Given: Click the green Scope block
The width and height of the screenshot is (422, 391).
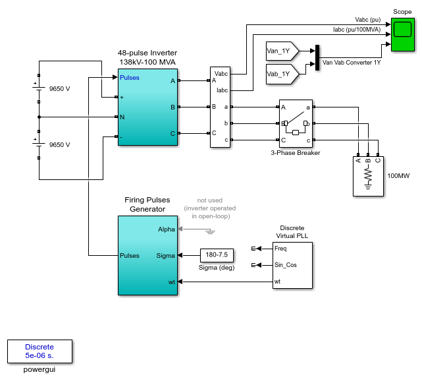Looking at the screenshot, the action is pos(403,34).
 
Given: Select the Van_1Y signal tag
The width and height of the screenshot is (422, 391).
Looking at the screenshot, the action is pos(282,51).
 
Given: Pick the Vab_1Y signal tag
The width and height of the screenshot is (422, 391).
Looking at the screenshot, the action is pos(282,74).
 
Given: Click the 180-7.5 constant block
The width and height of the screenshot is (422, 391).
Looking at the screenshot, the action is pos(217,255).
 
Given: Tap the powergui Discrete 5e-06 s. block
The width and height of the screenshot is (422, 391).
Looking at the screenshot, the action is pos(40,351).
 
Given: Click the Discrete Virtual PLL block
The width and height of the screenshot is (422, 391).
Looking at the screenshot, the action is pos(292,266).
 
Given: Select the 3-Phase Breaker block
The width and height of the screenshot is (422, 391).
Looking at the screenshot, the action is pos(296,124).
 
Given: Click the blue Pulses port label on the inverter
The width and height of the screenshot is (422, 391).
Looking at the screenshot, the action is pos(130,78).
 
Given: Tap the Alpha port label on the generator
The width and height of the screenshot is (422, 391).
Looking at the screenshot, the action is pos(167,229).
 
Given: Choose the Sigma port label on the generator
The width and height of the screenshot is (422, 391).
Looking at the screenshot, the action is pos(165,256).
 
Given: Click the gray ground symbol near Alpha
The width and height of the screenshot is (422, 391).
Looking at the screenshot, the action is pos(210,231).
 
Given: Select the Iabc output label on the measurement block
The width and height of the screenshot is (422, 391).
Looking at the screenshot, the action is pos(223,90).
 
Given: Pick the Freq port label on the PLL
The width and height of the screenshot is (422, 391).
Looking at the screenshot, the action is pos(280,249).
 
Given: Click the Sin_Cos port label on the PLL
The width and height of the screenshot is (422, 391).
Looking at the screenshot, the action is pos(286,265).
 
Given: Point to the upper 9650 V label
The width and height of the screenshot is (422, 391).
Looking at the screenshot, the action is pos(59,89).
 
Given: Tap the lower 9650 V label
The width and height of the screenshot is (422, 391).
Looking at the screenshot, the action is pos(59,145).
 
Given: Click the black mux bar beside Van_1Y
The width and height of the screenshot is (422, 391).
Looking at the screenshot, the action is pos(317,57).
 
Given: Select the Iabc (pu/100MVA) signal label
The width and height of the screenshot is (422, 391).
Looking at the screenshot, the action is pos(357,30).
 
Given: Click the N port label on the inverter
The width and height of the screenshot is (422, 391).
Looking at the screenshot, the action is pos(122,117).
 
